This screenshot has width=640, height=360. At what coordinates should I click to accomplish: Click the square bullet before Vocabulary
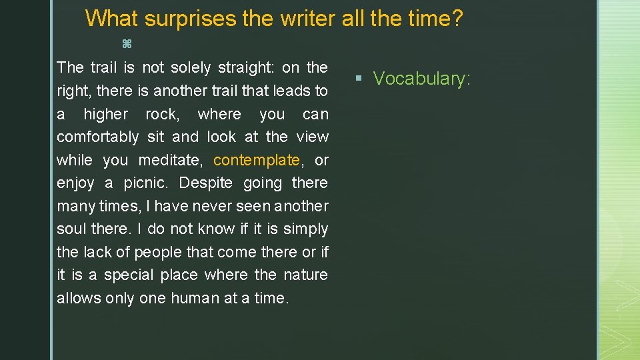(359, 79)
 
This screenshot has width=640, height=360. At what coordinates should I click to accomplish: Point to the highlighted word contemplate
(257, 160)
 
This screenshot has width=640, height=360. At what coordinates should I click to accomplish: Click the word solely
(195, 67)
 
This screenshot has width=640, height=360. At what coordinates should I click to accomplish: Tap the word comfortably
(97, 137)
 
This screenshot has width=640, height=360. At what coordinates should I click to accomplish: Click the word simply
(305, 229)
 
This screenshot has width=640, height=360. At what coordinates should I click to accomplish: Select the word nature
(305, 275)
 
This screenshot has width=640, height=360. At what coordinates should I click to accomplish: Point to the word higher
(105, 114)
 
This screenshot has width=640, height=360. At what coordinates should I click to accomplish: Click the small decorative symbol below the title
(127, 44)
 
